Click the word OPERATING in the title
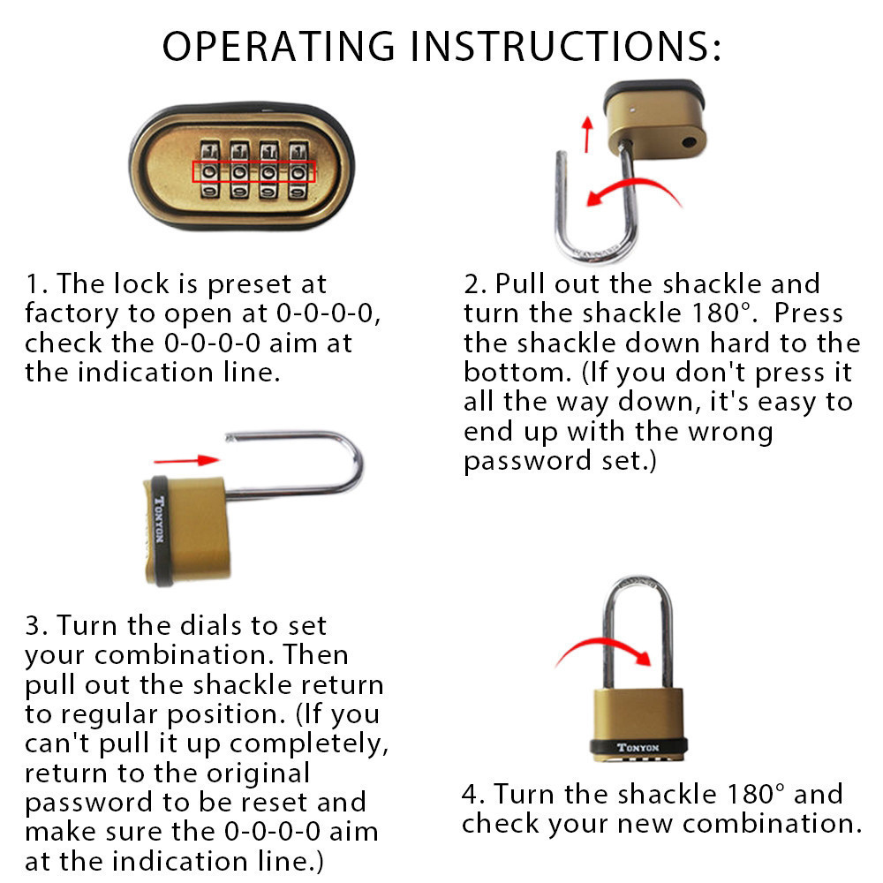tap(279, 46)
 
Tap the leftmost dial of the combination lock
tap(209, 170)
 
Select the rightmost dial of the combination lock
tap(298, 170)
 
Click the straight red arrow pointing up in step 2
tap(587, 134)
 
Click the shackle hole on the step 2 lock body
tap(690, 142)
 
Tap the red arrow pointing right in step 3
tap(186, 461)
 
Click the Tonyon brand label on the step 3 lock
tap(159, 519)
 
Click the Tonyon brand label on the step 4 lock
tap(638, 748)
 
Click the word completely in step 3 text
tap(308, 744)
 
